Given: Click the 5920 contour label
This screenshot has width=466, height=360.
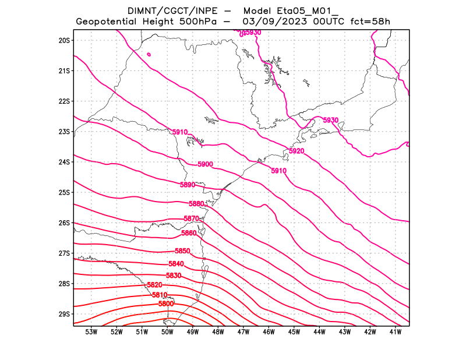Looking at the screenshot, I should pyautogui.click(x=296, y=151).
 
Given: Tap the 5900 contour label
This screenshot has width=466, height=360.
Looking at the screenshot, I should pyautogui.click(x=205, y=164).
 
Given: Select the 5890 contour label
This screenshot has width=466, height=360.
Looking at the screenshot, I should pyautogui.click(x=188, y=185).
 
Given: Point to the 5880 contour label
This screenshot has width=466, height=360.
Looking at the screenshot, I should pyautogui.click(x=197, y=204).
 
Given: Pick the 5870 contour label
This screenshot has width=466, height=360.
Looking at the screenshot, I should pyautogui.click(x=192, y=218).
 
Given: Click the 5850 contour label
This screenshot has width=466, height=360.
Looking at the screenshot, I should pyautogui.click(x=183, y=251).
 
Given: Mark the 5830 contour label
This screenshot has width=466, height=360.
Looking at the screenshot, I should pyautogui.click(x=174, y=276).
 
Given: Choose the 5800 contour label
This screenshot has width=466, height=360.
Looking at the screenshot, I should pyautogui.click(x=166, y=304).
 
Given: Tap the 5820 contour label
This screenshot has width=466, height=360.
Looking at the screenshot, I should pyautogui.click(x=154, y=285).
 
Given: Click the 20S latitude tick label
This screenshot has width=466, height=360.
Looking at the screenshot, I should pyautogui.click(x=64, y=40).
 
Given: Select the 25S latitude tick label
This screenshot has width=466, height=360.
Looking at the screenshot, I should pyautogui.click(x=64, y=192).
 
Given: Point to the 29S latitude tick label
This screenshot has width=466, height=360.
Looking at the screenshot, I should pyautogui.click(x=64, y=314).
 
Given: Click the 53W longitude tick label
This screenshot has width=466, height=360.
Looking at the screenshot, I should pyautogui.click(x=91, y=332).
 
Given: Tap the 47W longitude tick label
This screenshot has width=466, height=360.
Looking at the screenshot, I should pyautogui.click(x=243, y=332).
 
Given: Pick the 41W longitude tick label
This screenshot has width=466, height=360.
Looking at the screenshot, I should pyautogui.click(x=396, y=332).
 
